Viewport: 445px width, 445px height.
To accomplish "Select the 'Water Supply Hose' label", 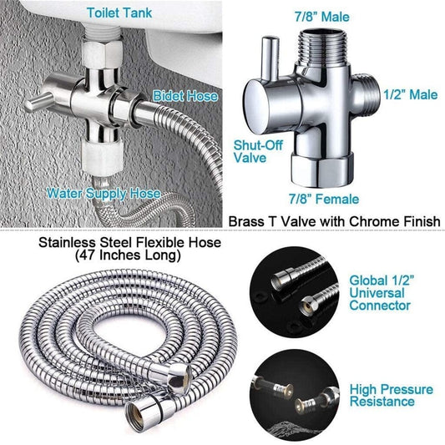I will [x=104, y=193].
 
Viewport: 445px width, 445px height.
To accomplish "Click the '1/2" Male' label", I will [x=409, y=96].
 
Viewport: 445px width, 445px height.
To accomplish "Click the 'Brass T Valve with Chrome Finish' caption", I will [x=334, y=220].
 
